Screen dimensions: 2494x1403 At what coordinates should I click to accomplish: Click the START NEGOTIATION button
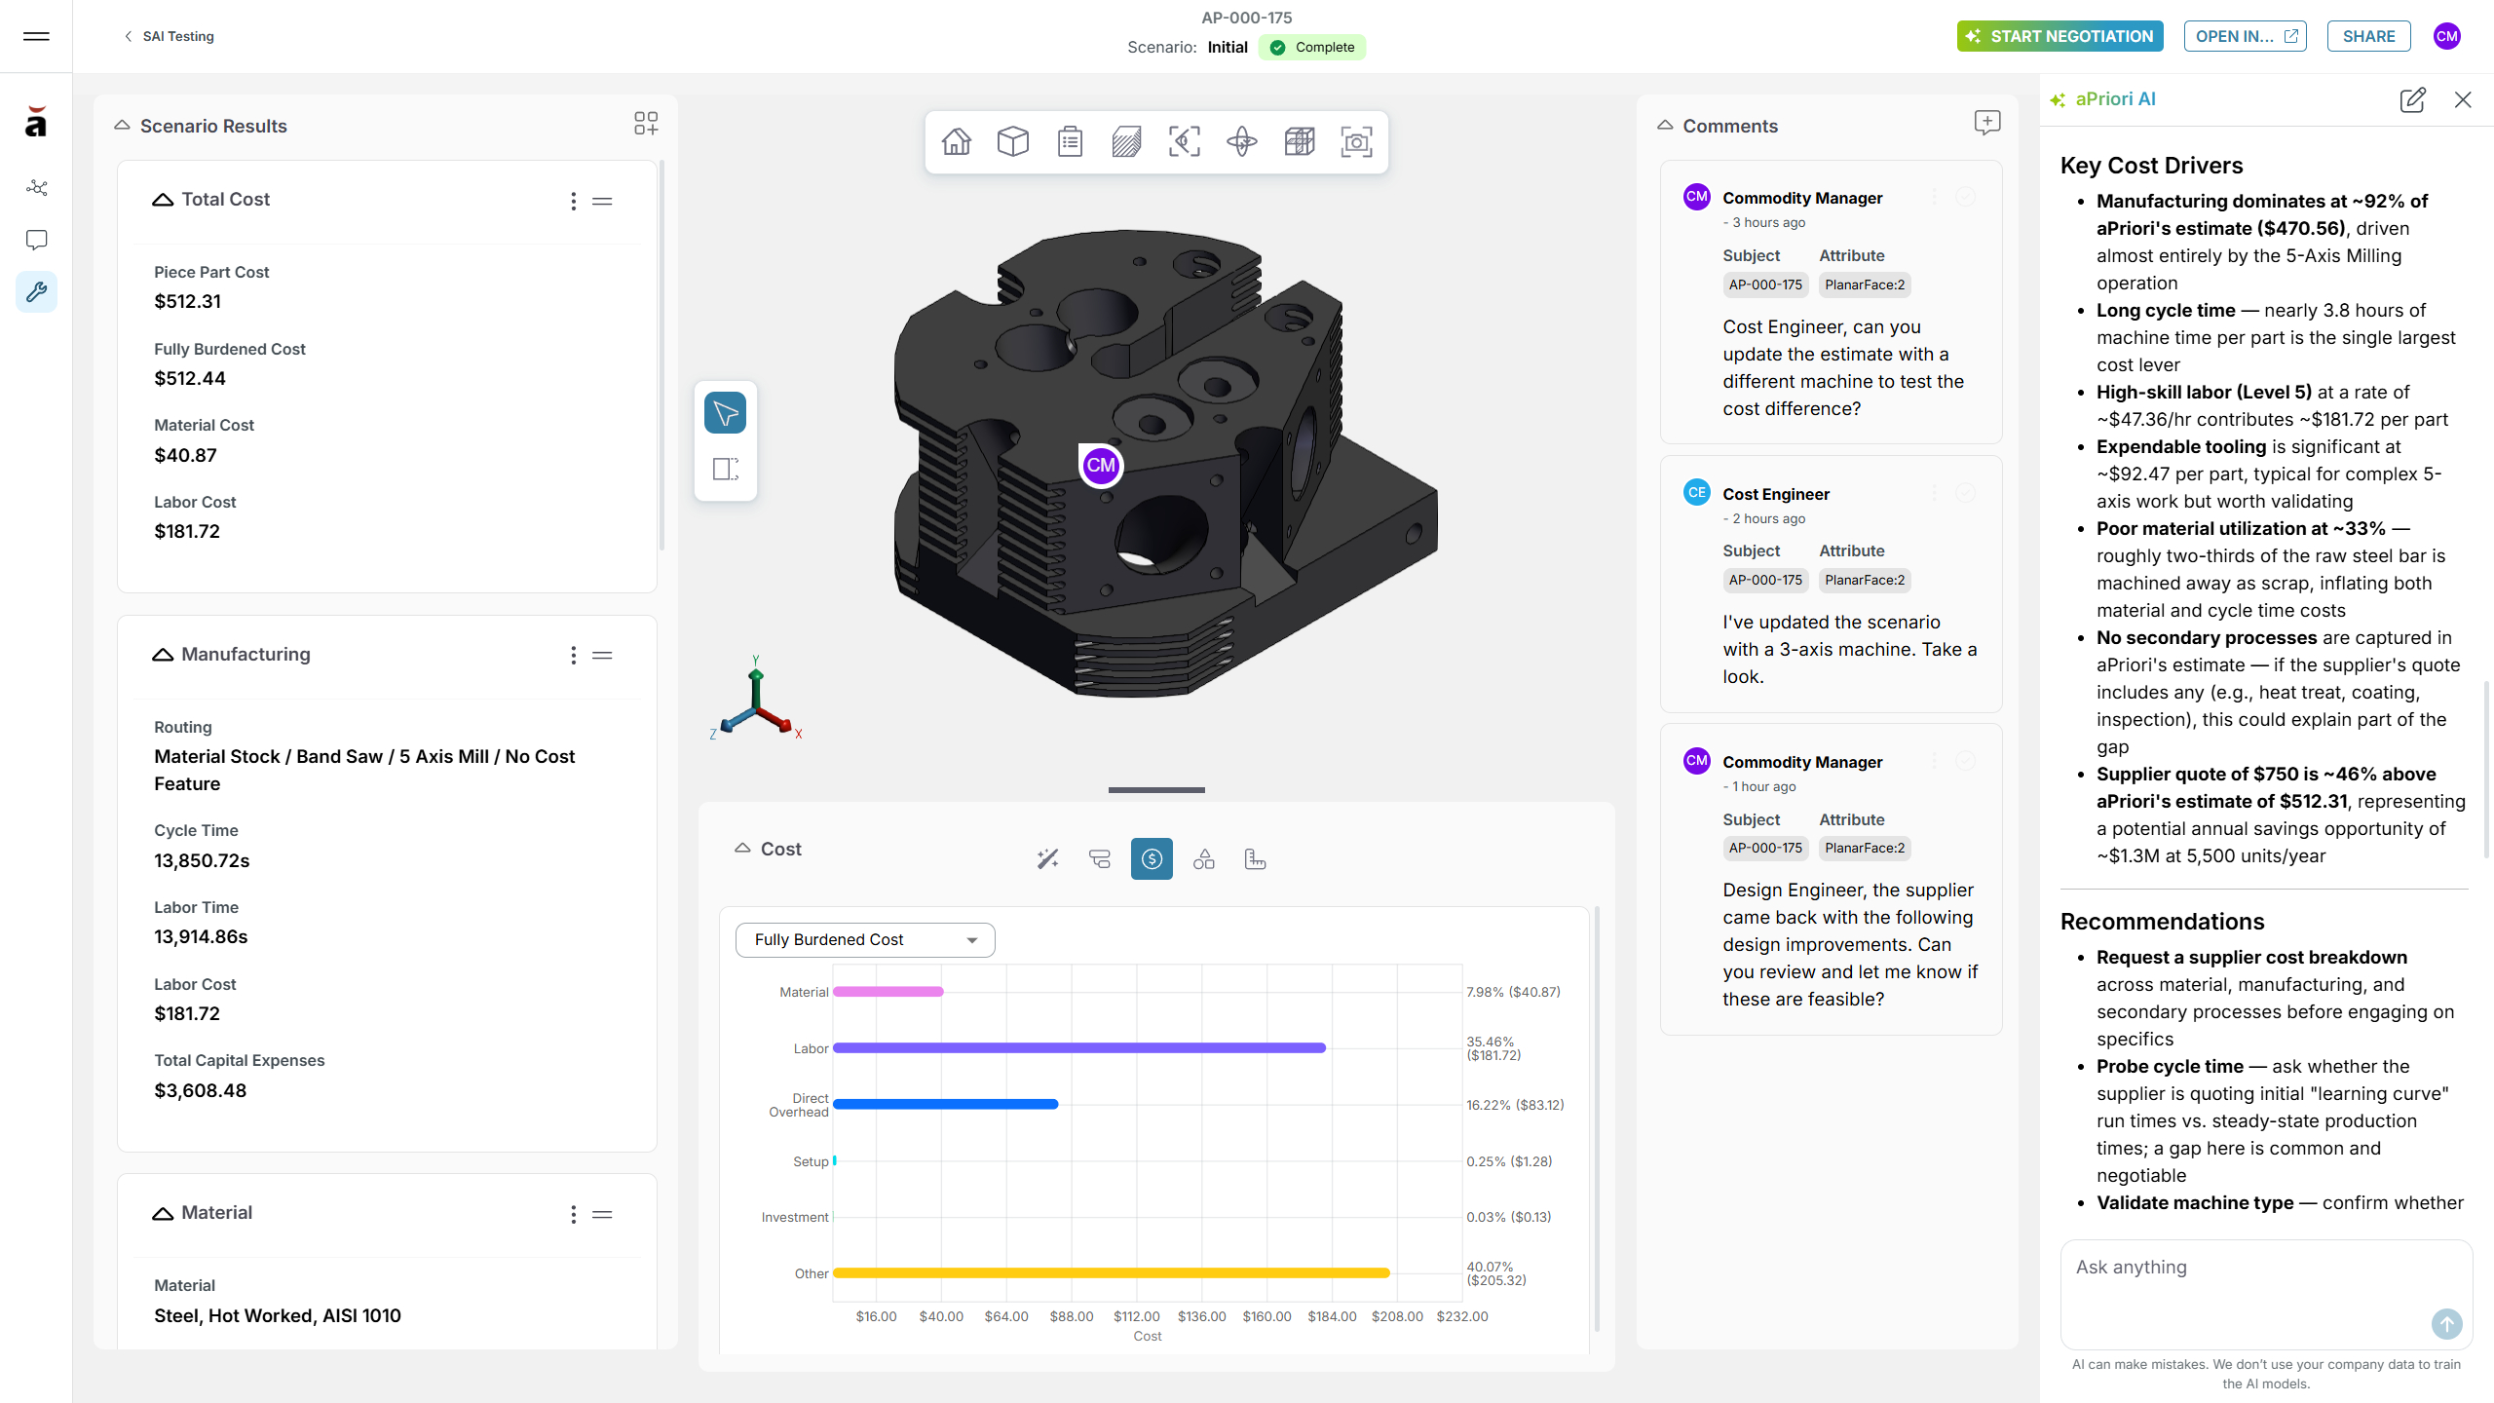point(2059,36)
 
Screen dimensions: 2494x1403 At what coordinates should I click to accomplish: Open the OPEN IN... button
point(2245,36)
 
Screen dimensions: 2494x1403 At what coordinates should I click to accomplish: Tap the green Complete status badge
point(1311,47)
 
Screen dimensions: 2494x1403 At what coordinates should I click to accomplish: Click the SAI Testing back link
point(169,36)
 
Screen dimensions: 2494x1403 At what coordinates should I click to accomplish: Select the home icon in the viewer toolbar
point(956,142)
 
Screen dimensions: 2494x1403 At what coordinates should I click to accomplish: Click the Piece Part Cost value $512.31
point(187,301)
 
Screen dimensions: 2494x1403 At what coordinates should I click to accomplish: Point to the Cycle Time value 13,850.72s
point(202,860)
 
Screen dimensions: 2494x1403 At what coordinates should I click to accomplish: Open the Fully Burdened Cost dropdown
point(865,939)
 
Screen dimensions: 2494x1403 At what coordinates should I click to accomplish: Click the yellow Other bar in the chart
point(1112,1272)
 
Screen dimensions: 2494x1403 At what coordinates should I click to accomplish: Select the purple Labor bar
point(1079,1047)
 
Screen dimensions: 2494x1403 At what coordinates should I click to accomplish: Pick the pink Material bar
point(888,991)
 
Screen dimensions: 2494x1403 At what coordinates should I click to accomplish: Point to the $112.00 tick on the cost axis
point(1137,1316)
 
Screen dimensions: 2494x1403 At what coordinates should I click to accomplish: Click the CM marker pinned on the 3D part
point(1101,465)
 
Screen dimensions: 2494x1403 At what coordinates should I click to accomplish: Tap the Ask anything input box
point(2266,1293)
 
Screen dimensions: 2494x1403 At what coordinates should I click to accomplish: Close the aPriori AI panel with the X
point(2463,99)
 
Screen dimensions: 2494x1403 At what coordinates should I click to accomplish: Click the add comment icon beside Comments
point(1987,123)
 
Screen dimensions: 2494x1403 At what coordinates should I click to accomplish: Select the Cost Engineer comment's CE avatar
point(1696,492)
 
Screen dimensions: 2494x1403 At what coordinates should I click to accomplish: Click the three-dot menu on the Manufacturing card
point(573,655)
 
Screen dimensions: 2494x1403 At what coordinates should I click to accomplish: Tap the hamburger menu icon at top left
point(36,36)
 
